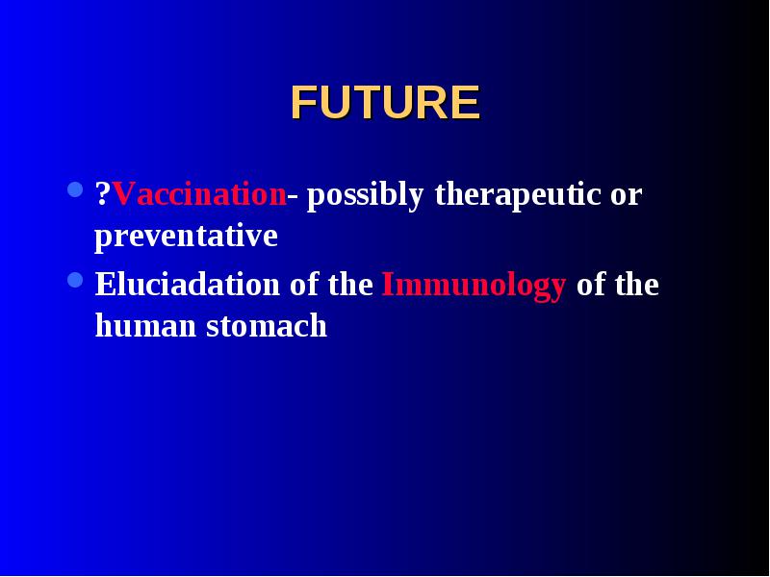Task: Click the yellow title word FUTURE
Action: tap(385, 103)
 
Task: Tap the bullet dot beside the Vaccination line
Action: tap(75, 189)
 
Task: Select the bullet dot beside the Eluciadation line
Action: tap(75, 280)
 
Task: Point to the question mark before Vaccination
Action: tap(103, 194)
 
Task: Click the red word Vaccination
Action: tap(199, 194)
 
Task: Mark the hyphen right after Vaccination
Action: tap(293, 197)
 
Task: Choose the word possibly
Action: tap(365, 196)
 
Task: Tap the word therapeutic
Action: tap(518, 196)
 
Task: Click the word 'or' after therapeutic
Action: tap(627, 197)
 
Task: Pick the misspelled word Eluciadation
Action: tap(187, 284)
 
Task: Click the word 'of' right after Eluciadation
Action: tap(304, 284)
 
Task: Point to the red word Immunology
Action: tap(474, 286)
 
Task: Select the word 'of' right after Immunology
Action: tap(591, 284)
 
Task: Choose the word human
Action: tap(145, 325)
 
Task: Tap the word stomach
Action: tap(267, 325)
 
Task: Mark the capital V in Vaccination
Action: tap(124, 194)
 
